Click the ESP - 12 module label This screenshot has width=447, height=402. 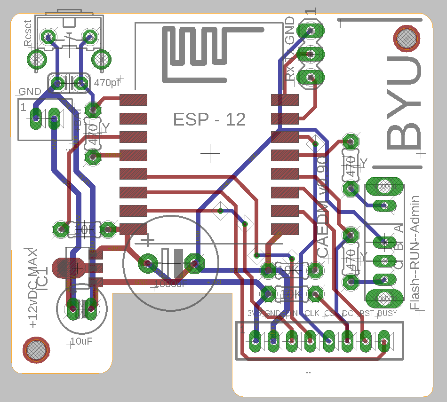[209, 119]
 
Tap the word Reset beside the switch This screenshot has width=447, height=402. [28, 33]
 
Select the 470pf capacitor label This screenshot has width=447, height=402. [107, 83]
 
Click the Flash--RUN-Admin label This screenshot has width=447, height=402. [416, 252]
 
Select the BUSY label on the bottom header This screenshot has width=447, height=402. [387, 313]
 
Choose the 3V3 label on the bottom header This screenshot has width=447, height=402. [255, 313]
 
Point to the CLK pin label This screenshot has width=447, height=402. [311, 313]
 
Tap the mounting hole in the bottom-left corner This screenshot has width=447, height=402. [36, 350]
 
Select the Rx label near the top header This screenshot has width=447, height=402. [291, 73]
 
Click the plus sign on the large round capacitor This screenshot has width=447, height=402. [148, 241]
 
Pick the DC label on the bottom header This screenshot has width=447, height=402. [347, 313]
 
